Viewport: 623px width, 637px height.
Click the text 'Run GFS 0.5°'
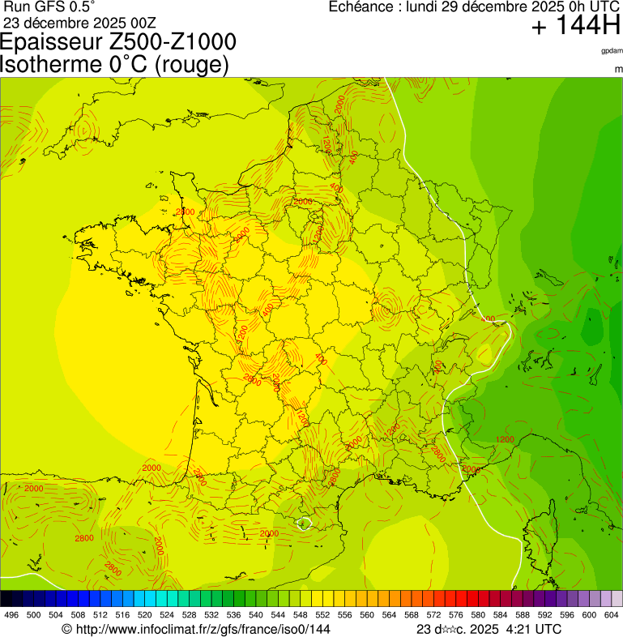tap(49, 7)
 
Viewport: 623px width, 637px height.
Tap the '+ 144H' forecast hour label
tap(575, 27)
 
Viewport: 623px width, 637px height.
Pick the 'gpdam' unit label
tap(612, 51)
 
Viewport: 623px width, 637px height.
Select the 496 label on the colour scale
tap(11, 615)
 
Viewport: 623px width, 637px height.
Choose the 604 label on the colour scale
tap(612, 615)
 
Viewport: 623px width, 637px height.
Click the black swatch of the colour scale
tap(6, 598)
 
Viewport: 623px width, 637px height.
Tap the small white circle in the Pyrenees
tap(304, 523)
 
